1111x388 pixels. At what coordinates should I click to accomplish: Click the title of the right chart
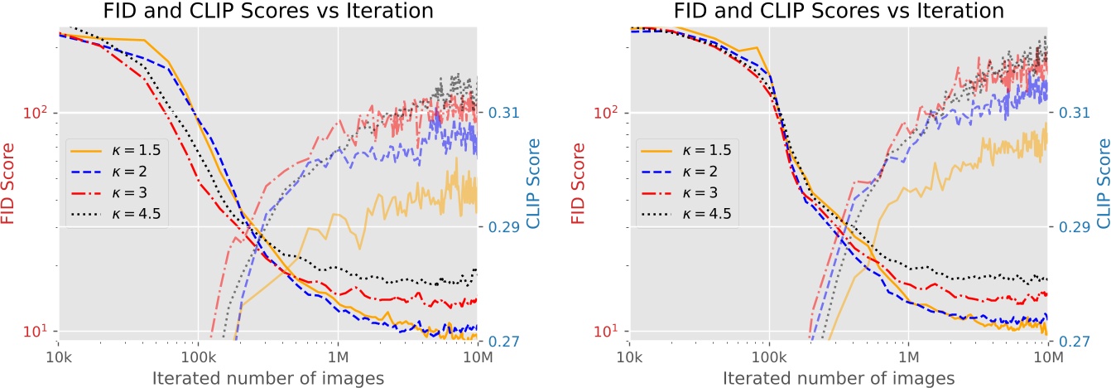point(838,12)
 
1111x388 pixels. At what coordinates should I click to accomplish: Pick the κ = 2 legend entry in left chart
point(119,172)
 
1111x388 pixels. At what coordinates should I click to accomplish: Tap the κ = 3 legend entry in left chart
point(119,193)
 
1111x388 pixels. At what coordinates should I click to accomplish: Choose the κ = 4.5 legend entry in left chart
point(123,214)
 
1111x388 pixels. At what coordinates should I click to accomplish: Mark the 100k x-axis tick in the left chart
point(197,358)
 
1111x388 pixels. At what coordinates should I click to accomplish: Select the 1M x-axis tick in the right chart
point(909,358)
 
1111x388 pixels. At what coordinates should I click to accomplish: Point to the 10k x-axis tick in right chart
point(629,358)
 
